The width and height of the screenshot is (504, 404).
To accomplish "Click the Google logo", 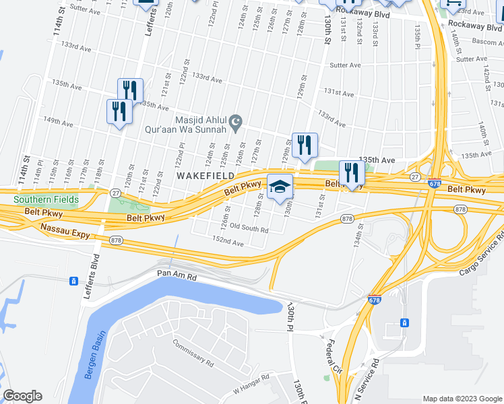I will (22, 396).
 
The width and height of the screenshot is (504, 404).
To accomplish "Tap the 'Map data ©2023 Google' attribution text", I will (462, 399).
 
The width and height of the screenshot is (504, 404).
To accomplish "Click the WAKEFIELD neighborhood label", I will (206, 175).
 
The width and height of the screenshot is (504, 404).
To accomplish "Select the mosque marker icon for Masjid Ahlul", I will (235, 123).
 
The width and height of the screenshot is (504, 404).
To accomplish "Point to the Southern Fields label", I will (46, 199).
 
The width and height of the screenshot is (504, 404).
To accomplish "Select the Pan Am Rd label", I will (177, 274).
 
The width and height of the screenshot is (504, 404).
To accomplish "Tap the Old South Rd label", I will (249, 229).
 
